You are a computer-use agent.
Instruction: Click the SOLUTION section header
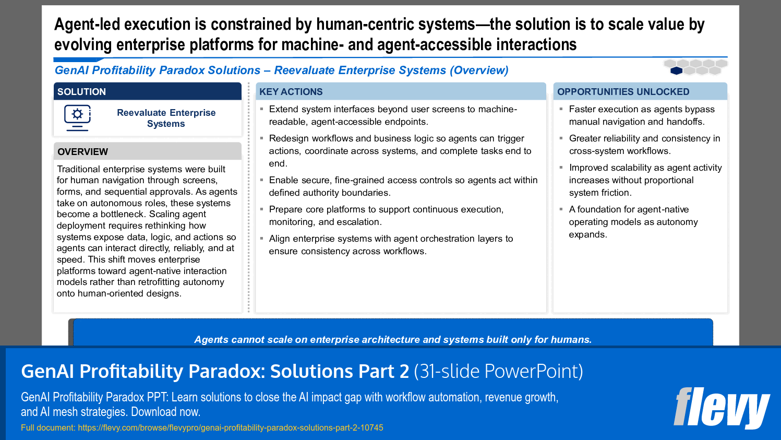[82, 92]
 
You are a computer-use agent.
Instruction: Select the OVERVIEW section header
[83, 152]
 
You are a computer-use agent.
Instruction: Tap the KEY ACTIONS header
[291, 92]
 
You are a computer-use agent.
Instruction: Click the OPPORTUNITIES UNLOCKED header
[623, 92]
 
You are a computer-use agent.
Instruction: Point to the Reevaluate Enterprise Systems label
[166, 118]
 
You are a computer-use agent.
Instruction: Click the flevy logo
[722, 408]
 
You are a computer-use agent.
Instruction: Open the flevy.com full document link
[230, 427]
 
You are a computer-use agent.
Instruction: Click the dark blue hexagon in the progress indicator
[676, 70]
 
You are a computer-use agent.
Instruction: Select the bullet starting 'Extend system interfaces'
[393, 115]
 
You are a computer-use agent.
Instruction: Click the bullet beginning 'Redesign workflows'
[400, 151]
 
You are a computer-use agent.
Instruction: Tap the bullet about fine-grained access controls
[403, 186]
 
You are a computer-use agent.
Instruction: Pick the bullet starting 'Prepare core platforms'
[386, 216]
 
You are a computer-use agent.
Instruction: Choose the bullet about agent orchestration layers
[391, 245]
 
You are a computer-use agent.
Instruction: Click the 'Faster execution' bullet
[641, 115]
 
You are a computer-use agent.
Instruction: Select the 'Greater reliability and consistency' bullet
[644, 145]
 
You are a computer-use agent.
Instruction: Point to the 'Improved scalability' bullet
[645, 180]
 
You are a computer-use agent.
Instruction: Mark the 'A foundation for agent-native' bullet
[633, 222]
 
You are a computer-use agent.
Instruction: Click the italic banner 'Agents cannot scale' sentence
[393, 339]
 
